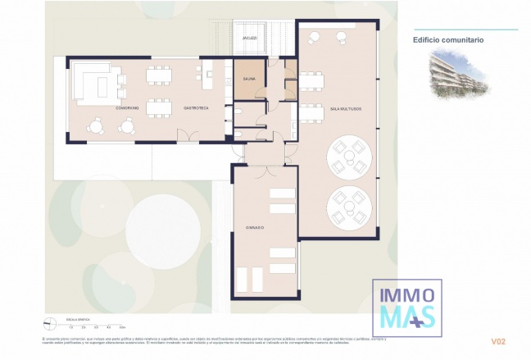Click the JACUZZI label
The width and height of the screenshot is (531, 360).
click(250, 38)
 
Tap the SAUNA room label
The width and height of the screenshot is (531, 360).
click(248, 80)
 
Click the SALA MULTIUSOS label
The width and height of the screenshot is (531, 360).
click(345, 108)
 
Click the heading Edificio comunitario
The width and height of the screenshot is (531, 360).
click(447, 39)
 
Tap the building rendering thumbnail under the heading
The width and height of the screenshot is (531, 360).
click(459, 75)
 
